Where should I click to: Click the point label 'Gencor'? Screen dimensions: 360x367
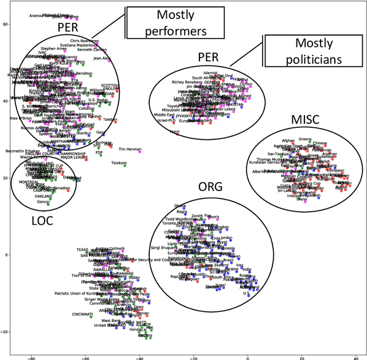(x=43, y=202)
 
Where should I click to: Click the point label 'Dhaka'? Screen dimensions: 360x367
(x=179, y=205)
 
